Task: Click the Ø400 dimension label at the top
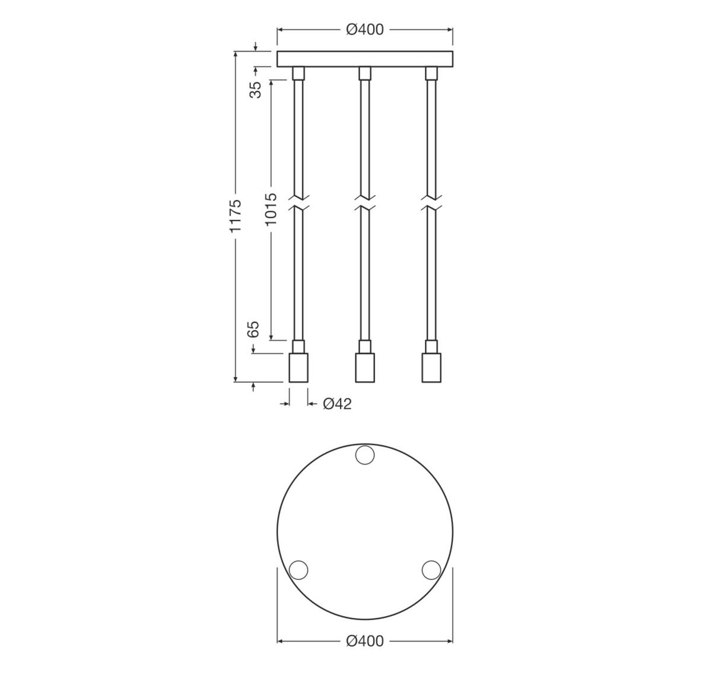(x=365, y=29)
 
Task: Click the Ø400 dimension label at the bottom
(x=365, y=641)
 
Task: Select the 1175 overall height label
(x=236, y=215)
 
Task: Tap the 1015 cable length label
(x=271, y=209)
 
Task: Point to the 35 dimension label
(x=255, y=90)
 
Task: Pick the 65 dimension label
(x=253, y=330)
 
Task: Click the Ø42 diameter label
(x=337, y=404)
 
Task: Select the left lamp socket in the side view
(x=298, y=368)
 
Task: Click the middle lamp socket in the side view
(x=365, y=368)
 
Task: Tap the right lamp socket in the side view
(x=431, y=368)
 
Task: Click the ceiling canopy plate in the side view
(x=365, y=59)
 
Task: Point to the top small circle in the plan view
(x=364, y=455)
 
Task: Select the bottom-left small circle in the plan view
(x=298, y=570)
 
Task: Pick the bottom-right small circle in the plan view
(x=431, y=570)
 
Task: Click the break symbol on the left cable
(x=298, y=202)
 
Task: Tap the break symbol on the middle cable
(x=365, y=202)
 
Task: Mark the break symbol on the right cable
(x=431, y=202)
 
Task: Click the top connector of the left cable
(x=298, y=73)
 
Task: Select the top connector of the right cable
(x=431, y=73)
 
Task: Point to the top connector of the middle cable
(x=365, y=73)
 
